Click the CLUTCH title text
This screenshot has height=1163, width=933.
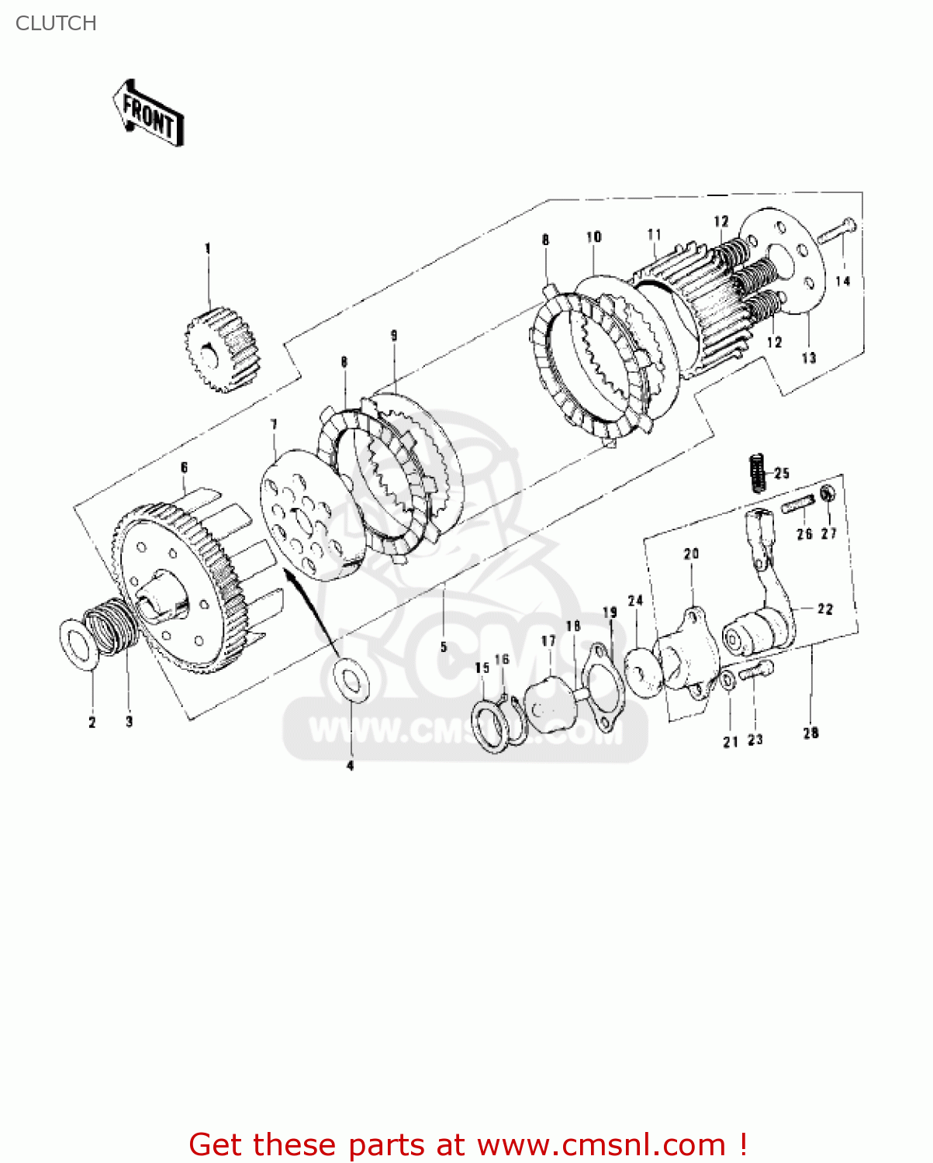coord(56,23)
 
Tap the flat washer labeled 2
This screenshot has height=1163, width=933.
coord(79,644)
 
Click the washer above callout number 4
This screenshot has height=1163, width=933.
coord(351,680)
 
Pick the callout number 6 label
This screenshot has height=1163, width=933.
coord(184,468)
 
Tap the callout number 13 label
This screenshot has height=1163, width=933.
coord(809,357)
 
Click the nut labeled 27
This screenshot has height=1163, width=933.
coord(828,494)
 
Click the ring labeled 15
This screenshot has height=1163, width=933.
coord(489,725)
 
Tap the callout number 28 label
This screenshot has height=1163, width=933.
coord(810,733)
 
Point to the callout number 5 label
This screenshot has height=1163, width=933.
coord(444,647)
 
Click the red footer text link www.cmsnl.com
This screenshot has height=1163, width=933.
coord(601,1144)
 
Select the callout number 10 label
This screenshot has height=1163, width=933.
coord(594,236)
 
